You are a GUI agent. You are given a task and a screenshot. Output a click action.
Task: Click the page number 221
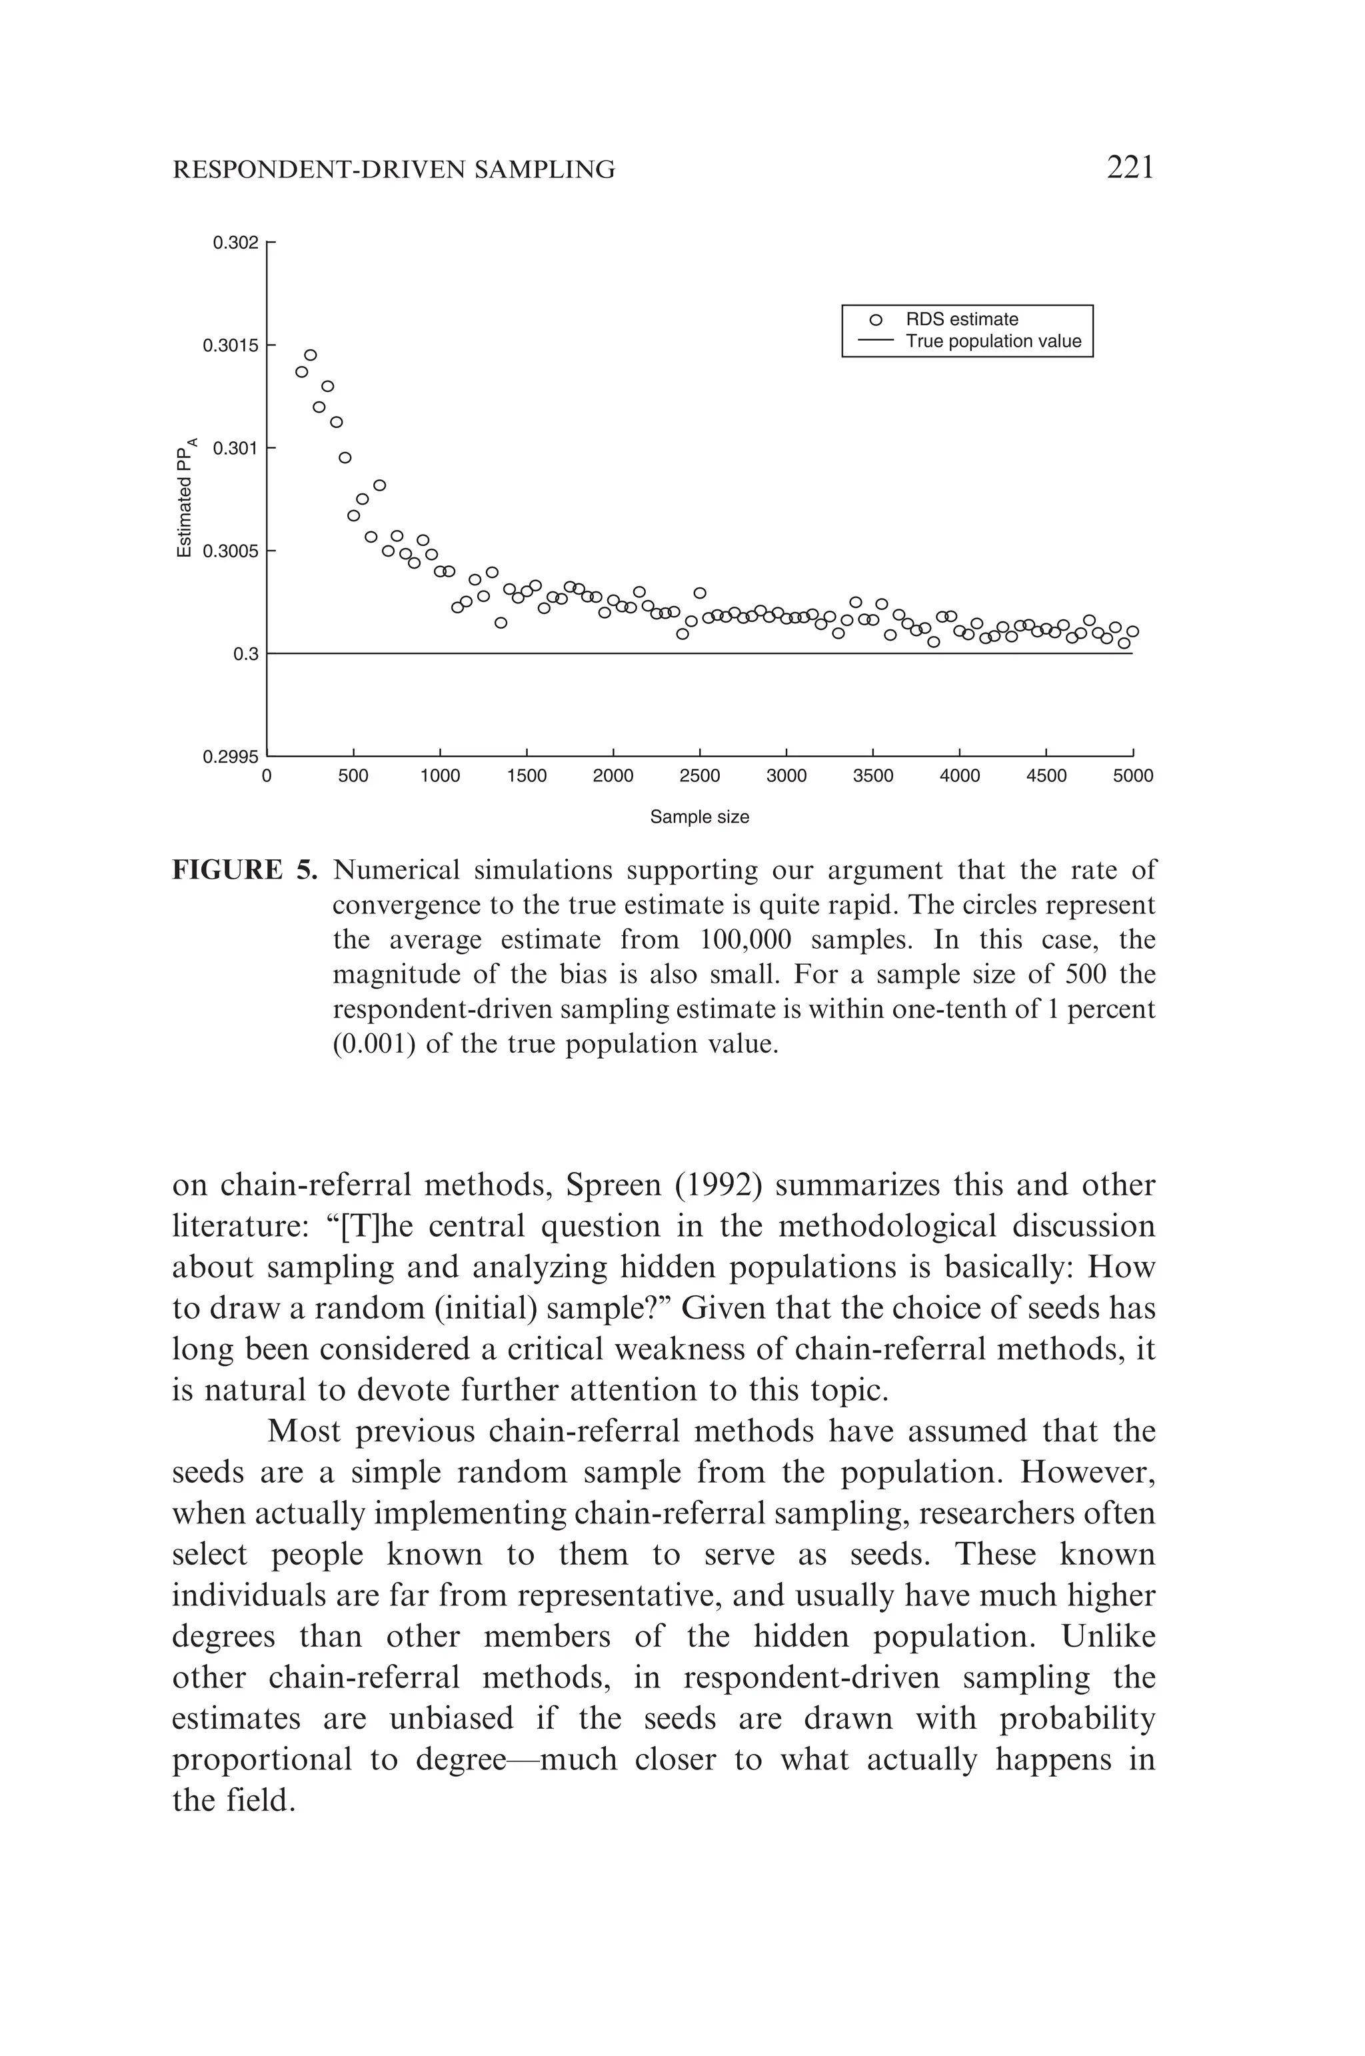coord(1130,166)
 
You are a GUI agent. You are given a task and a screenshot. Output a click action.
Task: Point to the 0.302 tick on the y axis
coord(236,242)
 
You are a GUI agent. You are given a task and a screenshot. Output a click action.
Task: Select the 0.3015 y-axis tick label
coord(231,346)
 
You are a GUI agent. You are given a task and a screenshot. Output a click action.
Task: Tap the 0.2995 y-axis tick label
coord(231,757)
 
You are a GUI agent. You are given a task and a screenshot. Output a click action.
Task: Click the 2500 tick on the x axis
coord(699,776)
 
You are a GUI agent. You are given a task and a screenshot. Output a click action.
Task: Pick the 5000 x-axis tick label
coord(1132,776)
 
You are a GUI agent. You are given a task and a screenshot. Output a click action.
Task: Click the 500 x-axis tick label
coord(353,776)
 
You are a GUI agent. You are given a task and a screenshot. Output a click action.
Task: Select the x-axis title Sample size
coord(699,817)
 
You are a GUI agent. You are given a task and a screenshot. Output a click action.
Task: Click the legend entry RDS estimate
coord(961,319)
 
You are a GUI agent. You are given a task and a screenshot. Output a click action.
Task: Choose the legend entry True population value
coord(992,341)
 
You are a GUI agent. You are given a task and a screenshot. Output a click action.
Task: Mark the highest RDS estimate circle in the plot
coord(310,355)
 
